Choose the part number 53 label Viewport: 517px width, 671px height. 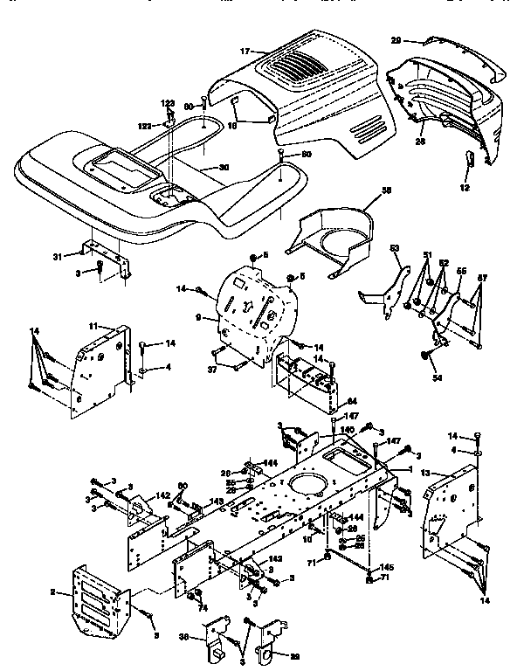[x=394, y=249]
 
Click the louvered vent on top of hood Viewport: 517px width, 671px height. [x=296, y=64]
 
